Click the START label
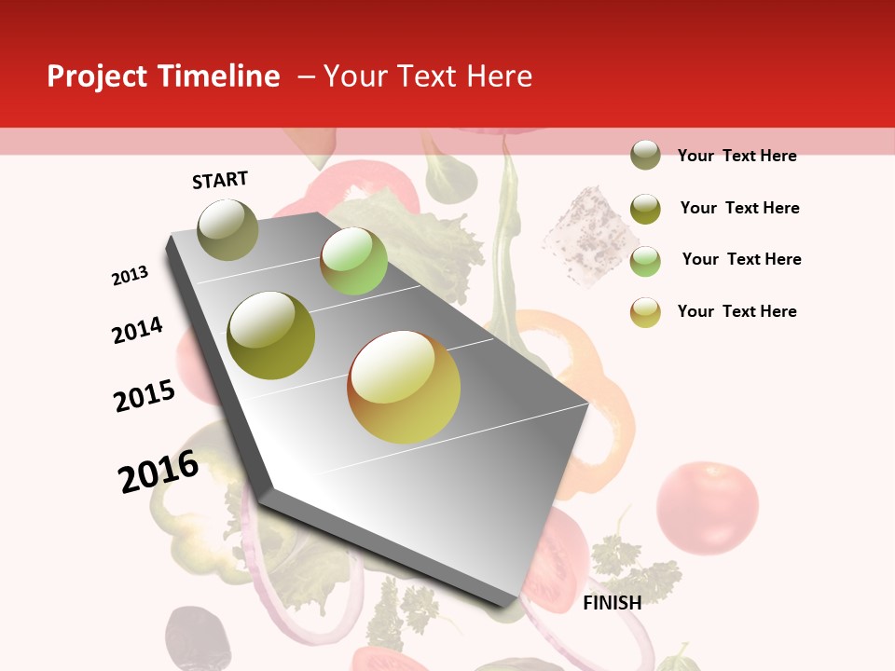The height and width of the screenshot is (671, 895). click(220, 180)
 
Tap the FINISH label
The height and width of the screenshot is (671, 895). click(613, 603)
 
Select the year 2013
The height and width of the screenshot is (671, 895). click(130, 276)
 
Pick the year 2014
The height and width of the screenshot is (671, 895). click(137, 331)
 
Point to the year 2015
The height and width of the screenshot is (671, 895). click(145, 396)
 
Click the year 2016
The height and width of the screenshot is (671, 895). click(158, 472)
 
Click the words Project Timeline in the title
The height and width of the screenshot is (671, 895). click(163, 76)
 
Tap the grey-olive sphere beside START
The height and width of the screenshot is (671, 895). click(227, 229)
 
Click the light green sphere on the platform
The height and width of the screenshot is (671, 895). click(353, 261)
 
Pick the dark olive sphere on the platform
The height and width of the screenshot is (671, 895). click(271, 335)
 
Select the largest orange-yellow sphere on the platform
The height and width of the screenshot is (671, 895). click(404, 387)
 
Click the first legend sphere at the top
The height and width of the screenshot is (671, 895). click(645, 156)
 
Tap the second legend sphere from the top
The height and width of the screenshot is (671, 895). click(645, 209)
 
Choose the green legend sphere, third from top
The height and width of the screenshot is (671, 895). click(645, 261)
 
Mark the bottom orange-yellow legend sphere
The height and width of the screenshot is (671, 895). click(645, 312)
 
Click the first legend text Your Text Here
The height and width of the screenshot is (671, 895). click(737, 156)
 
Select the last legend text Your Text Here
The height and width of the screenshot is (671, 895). click(737, 311)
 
